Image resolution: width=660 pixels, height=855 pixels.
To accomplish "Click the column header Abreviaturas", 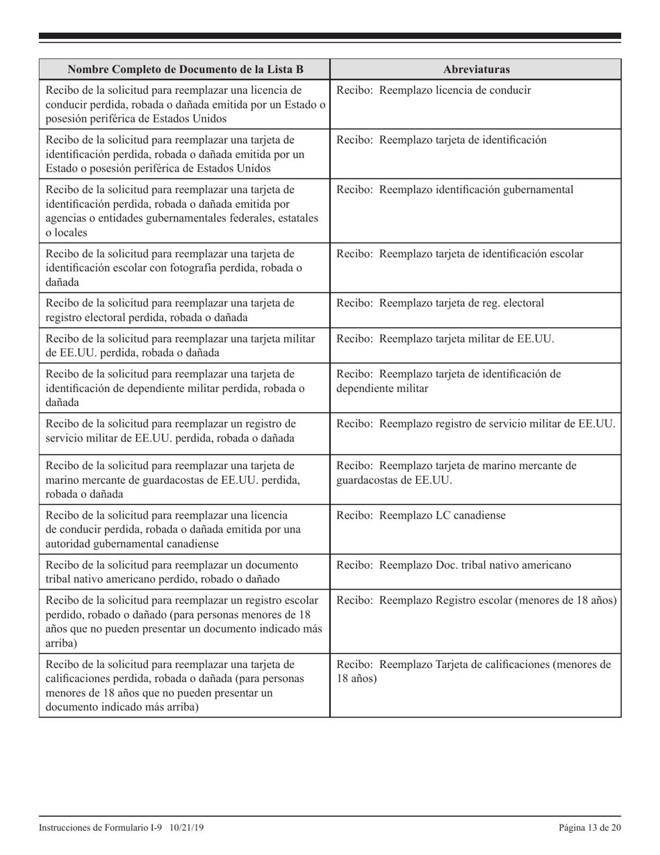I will (476, 70).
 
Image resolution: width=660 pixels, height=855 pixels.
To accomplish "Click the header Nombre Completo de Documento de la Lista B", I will (185, 70).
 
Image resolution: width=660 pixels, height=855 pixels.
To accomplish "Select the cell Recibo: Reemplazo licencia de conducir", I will (434, 90).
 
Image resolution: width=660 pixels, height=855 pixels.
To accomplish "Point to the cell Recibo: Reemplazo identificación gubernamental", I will (455, 190).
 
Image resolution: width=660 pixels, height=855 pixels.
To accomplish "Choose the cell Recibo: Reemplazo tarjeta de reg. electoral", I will (440, 303).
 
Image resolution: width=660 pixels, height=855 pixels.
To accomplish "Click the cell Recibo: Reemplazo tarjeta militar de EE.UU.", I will (445, 339).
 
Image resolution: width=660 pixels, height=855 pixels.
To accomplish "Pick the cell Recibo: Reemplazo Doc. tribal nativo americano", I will (454, 565).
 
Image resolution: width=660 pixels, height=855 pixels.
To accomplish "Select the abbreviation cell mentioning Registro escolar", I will (476, 601).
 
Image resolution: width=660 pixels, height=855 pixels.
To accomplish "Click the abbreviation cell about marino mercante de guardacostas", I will (456, 473).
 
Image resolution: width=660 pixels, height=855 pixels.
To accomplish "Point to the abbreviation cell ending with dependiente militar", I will (448, 382).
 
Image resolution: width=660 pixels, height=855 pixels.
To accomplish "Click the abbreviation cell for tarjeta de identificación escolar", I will (459, 254).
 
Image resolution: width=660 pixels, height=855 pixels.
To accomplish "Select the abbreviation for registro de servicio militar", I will (475, 424).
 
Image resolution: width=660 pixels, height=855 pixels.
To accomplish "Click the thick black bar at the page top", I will (330, 35).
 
